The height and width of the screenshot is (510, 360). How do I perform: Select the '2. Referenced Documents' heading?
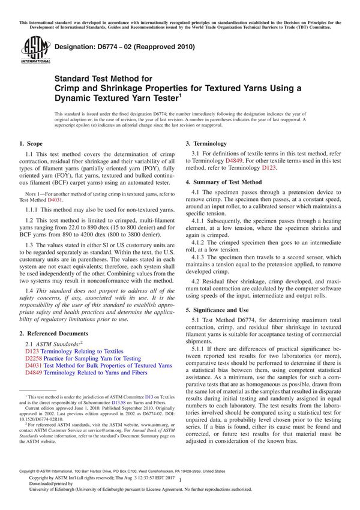click(53, 333)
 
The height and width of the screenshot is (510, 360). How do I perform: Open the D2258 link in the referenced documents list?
click(34, 358)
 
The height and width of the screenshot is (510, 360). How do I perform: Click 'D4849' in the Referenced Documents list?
click(34, 373)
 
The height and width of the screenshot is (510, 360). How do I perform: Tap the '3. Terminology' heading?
click(206, 144)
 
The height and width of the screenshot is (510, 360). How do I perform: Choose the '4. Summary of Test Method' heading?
click(223, 181)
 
